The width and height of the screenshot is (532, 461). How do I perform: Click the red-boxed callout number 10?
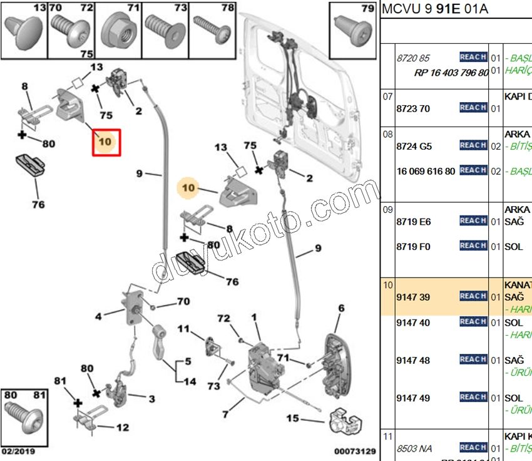tap(105, 142)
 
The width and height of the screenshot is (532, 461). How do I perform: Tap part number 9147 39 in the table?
tap(413, 297)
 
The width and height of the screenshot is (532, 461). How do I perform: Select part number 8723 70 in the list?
tap(413, 108)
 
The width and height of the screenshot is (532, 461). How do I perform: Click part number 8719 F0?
tap(413, 247)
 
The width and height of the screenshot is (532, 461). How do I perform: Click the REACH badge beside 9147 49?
tap(473, 398)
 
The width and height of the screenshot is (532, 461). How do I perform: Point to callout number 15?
tap(292, 418)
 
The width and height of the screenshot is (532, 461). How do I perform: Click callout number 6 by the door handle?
tap(341, 308)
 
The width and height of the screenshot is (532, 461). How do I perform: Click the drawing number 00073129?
tap(354, 451)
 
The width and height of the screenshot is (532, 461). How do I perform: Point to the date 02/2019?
tap(18, 451)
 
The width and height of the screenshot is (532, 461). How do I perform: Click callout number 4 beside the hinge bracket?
tap(98, 317)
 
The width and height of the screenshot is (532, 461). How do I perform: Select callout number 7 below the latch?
tap(225, 414)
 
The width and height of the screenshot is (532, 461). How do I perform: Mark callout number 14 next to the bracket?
tap(190, 381)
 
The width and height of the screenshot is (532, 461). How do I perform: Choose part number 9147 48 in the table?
tap(413, 360)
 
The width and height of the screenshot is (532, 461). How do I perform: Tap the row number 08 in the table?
tap(387, 134)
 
